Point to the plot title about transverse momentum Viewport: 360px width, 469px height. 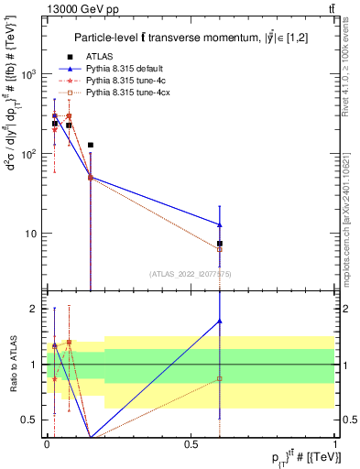tap(192, 37)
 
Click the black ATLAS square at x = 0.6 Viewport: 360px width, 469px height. tap(220, 244)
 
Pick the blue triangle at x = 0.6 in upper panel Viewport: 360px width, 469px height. tap(220, 224)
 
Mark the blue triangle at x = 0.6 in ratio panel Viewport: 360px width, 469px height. tap(220, 321)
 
